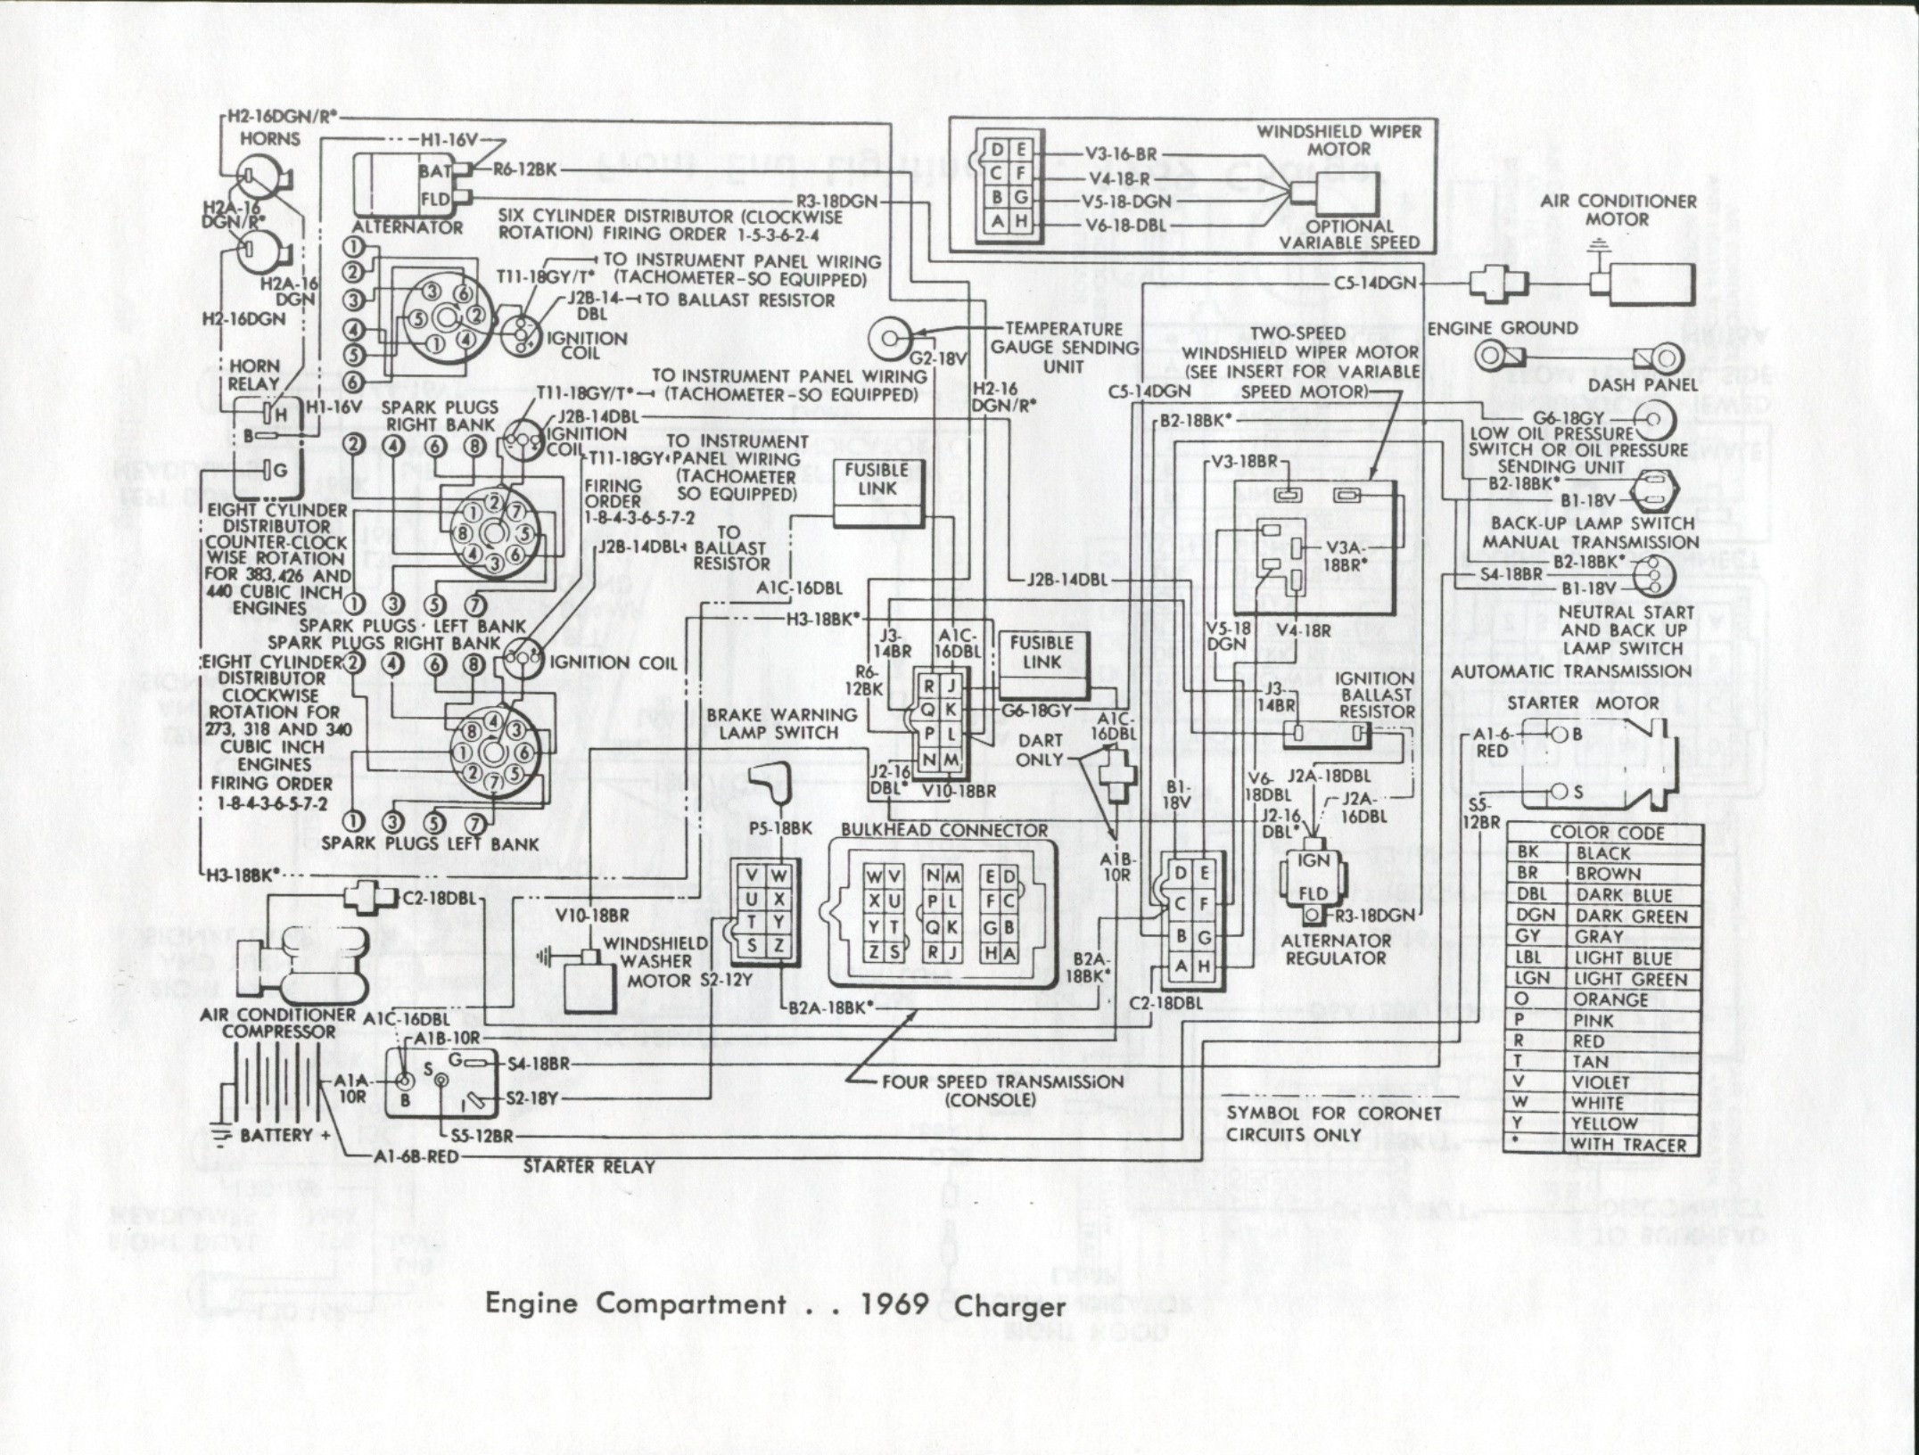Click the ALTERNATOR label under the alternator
pyautogui.click(x=408, y=227)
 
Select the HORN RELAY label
pyautogui.click(x=254, y=375)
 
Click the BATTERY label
pyautogui.click(x=276, y=1135)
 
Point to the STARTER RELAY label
pyautogui.click(x=589, y=1165)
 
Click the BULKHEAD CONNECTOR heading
pyautogui.click(x=944, y=830)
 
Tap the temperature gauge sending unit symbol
pyautogui.click(x=890, y=337)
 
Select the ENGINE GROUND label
pyautogui.click(x=1503, y=328)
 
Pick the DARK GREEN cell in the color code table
pyautogui.click(x=1632, y=916)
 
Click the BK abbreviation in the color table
pyautogui.click(x=1528, y=853)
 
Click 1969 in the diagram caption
pyautogui.click(x=896, y=1304)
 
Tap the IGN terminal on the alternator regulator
pyautogui.click(x=1314, y=860)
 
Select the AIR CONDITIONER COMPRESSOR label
pyautogui.click(x=279, y=1023)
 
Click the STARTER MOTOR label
pyautogui.click(x=1583, y=703)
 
